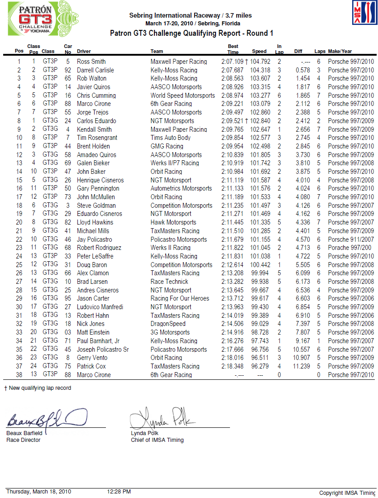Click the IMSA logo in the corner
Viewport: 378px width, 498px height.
[x=364, y=13]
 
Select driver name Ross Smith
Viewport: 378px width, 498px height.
[x=91, y=62]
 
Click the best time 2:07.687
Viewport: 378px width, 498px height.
[x=232, y=70]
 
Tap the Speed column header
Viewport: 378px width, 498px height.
[x=259, y=52]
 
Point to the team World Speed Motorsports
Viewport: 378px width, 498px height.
[x=183, y=96]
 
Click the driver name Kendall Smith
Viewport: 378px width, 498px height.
[x=94, y=129]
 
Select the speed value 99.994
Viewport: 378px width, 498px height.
[x=259, y=273]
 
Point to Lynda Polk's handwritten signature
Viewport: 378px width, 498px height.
[x=160, y=418]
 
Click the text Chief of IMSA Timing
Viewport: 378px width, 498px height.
[x=157, y=440]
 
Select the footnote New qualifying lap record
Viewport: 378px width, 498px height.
[x=40, y=388]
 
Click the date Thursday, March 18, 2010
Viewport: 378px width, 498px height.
[x=38, y=492]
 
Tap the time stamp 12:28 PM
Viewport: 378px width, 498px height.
[x=119, y=492]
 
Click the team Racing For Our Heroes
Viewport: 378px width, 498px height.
[x=180, y=298]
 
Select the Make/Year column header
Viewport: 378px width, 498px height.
[x=340, y=52]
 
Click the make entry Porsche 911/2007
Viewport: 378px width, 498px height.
[x=351, y=239]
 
